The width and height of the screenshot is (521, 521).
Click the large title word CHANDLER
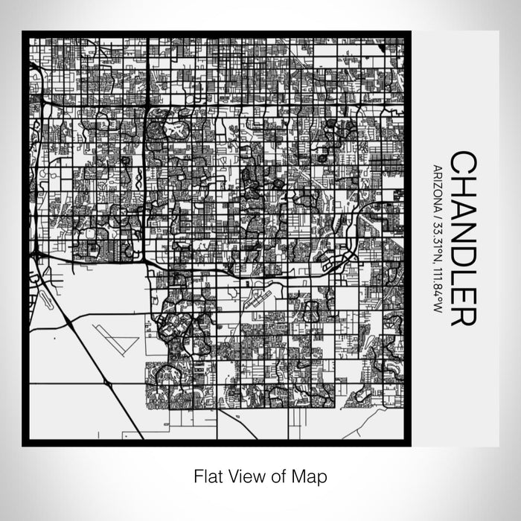(x=463, y=238)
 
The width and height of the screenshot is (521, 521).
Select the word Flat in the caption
(x=208, y=475)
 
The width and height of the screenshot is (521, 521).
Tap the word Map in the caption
(x=312, y=475)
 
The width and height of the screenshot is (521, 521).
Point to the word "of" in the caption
(x=277, y=475)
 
